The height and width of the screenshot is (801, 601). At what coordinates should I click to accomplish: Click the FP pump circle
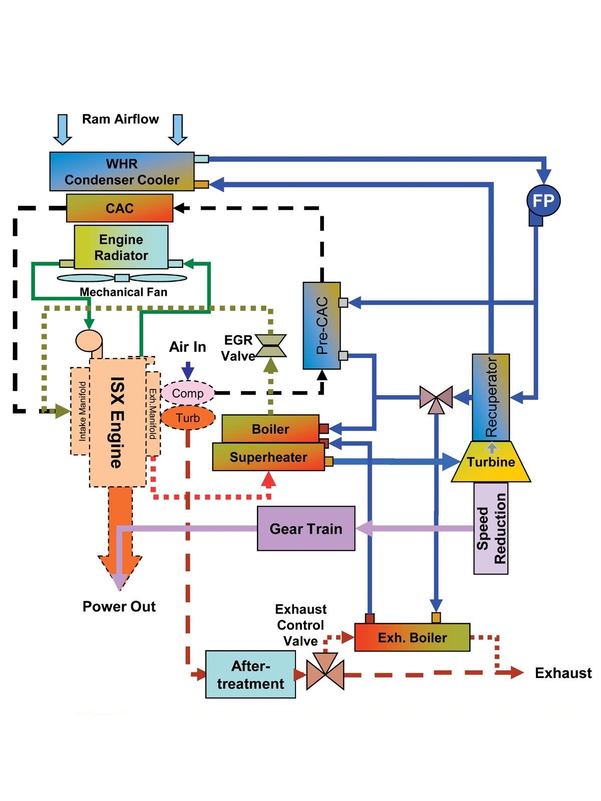(543, 200)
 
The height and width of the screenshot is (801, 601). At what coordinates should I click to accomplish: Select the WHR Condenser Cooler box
(122, 172)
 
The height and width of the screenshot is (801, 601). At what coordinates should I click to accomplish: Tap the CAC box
(120, 208)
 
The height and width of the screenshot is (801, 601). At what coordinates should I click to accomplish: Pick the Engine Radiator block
(121, 247)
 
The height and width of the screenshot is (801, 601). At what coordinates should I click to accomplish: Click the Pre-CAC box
(322, 325)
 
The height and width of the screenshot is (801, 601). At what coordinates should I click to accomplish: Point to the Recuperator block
(491, 397)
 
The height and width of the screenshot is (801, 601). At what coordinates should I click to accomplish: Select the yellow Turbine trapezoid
(491, 462)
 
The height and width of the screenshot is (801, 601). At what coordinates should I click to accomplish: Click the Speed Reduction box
(491, 528)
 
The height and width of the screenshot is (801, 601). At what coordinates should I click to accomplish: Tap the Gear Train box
(306, 528)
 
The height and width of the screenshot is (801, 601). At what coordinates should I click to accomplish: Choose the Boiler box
(270, 429)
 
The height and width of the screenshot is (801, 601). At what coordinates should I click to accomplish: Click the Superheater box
(268, 457)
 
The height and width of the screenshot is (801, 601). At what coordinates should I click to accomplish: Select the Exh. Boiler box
(412, 637)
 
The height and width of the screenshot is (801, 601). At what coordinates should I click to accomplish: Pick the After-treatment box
(251, 674)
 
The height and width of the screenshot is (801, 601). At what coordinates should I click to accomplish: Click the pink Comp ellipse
(188, 393)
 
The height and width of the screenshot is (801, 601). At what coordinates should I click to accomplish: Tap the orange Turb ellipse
(188, 418)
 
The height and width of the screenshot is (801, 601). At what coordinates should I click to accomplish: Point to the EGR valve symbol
(271, 345)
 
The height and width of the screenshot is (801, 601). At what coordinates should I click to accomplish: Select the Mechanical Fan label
(123, 292)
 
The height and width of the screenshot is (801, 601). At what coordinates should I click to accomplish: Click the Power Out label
(119, 606)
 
